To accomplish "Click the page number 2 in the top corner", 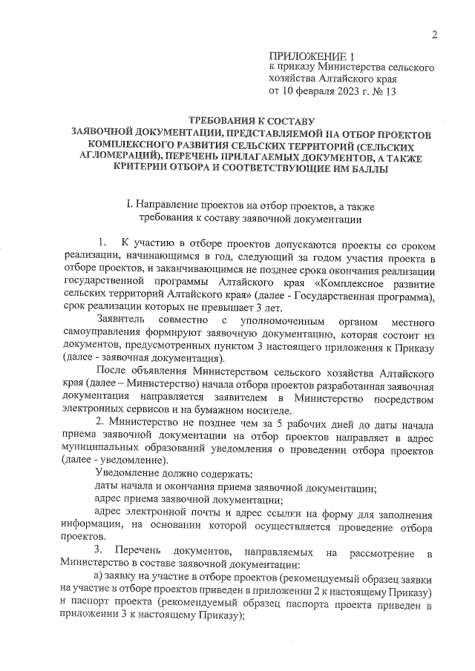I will coord(436,34).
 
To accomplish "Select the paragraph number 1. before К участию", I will coord(103,243).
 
